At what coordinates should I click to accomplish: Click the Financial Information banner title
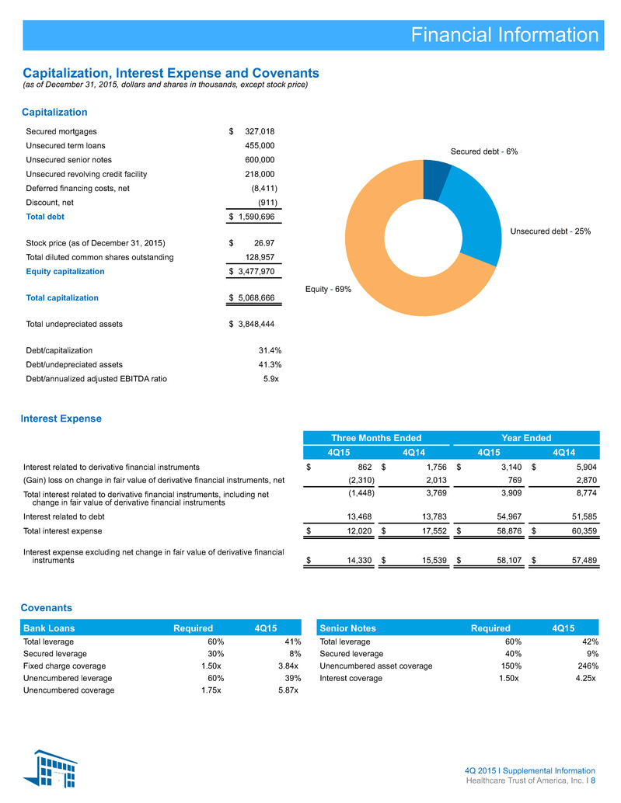[x=504, y=35]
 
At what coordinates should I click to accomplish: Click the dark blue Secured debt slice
[x=434, y=179]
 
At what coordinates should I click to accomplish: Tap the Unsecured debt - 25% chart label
[x=550, y=231]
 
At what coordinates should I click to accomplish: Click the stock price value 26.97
[x=264, y=243]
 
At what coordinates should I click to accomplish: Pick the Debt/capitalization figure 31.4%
[x=270, y=350]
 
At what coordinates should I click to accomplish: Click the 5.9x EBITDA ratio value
[x=271, y=379]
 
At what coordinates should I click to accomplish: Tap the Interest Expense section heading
[x=61, y=419]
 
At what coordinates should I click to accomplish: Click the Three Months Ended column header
[x=376, y=438]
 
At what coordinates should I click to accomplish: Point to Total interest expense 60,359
[x=584, y=531]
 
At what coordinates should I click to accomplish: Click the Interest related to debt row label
[x=64, y=516]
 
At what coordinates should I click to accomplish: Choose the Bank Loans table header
[x=49, y=627]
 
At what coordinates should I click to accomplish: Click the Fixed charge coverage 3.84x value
[x=288, y=666]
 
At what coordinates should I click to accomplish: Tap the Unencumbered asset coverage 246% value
[x=588, y=666]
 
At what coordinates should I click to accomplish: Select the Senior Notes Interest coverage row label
[x=351, y=678]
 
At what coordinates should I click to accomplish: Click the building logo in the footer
[x=51, y=768]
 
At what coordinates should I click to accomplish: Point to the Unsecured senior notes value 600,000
[x=260, y=160]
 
